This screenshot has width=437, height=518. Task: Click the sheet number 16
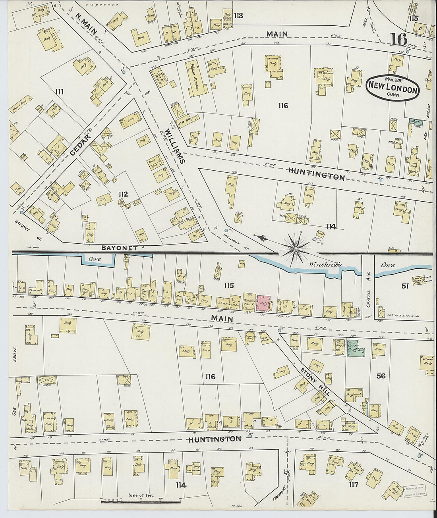click(x=399, y=39)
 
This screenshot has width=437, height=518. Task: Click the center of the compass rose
click(x=296, y=249)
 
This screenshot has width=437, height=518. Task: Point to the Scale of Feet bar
click(x=141, y=502)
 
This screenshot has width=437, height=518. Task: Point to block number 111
click(x=60, y=92)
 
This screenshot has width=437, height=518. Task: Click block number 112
click(x=123, y=194)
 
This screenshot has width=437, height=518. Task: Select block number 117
click(x=353, y=484)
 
